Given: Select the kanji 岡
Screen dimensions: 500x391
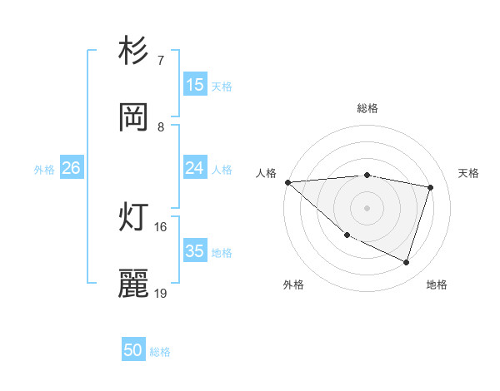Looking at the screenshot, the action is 134,118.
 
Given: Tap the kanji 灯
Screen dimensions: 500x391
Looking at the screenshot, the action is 134,218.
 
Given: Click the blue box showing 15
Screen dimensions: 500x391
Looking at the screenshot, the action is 195,85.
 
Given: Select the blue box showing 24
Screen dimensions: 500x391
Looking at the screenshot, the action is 195,168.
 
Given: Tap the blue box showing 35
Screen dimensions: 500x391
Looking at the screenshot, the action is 195,251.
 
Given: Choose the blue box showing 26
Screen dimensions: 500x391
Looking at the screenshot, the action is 71,168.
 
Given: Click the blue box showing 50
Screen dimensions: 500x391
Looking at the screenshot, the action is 133,350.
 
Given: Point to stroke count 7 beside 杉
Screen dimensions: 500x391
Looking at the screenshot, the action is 160,61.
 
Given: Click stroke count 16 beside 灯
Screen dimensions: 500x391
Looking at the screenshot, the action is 161,226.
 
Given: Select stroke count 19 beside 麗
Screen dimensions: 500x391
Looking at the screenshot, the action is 161,293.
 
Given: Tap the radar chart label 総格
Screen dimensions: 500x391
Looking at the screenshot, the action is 367,108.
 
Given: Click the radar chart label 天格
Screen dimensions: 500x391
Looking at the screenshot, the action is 469,173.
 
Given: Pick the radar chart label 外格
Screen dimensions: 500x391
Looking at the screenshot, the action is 293,285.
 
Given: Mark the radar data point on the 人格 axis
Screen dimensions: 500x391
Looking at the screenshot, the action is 287,182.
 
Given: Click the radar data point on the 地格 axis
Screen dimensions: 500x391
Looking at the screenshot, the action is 406,263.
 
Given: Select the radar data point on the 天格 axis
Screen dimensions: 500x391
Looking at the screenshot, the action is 431,187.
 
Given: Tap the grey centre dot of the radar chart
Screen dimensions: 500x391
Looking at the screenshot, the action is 367,207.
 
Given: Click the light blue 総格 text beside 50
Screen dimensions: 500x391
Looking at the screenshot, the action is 160,352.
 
